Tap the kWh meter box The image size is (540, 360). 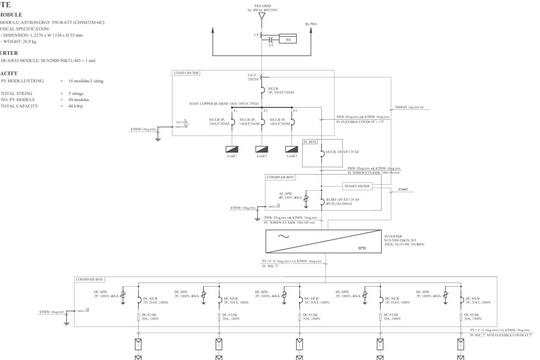288,39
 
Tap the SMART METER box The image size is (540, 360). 356,186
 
